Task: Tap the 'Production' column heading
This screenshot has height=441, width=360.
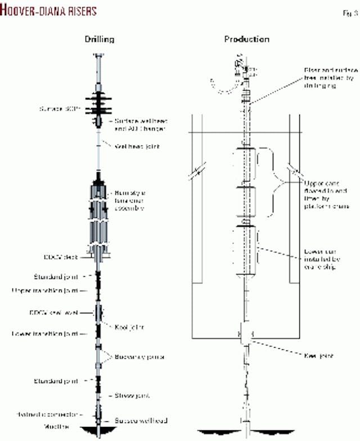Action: (246, 39)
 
